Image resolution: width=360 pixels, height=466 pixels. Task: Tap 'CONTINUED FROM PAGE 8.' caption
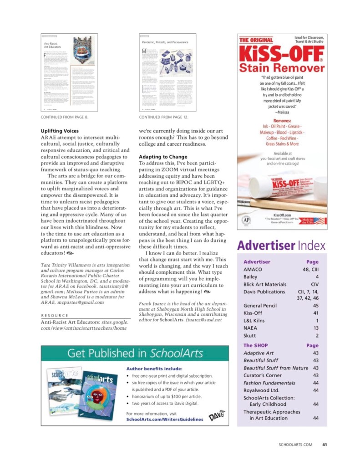pos(65,117)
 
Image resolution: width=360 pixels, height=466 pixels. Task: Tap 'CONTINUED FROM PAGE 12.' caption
pos(163,117)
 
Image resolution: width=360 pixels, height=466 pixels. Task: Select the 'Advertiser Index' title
pos(281,246)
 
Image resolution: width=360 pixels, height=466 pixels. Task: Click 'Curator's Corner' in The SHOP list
pos(263,375)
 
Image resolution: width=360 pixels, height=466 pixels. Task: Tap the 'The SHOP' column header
pos(254,345)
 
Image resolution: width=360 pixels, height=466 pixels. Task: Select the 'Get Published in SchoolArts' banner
pos(135,353)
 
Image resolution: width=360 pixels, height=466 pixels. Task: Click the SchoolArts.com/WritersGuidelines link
pos(164,419)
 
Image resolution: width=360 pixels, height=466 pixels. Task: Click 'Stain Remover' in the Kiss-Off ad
pos(282,68)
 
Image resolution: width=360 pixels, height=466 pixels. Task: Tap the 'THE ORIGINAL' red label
pos(256,40)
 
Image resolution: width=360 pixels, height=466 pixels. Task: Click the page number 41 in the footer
pos(324,445)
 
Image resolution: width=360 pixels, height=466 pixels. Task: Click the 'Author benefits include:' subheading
pos(154,369)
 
